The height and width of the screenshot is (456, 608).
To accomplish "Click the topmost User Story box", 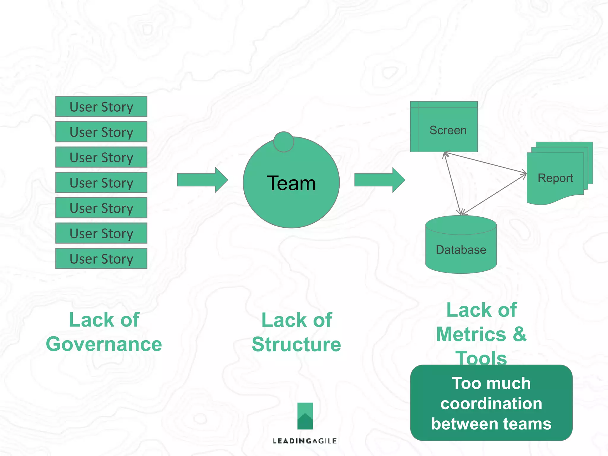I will (101, 107).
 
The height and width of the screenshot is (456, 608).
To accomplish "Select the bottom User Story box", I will (101, 259).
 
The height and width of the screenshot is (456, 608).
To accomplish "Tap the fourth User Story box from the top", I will (101, 183).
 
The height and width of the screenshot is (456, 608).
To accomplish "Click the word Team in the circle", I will (291, 183).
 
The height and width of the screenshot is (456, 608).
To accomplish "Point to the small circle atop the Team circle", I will (284, 142).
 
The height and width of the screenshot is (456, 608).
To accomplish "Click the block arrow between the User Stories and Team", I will (202, 180).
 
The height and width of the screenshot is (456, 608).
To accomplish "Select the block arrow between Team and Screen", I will (379, 180).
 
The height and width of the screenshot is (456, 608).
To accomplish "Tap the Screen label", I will (448, 130).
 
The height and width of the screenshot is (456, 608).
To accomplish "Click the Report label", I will (555, 178).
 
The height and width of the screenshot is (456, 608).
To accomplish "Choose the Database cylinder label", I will (461, 250).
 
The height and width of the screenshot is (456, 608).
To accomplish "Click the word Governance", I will (104, 344).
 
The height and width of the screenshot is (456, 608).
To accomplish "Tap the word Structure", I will (296, 344).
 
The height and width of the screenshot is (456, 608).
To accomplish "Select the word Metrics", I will (471, 334).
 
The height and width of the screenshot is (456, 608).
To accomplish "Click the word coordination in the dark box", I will (491, 403).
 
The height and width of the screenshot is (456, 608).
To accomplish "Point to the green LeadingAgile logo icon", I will (305, 416).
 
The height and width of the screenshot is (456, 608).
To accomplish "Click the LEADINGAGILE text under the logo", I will (305, 441).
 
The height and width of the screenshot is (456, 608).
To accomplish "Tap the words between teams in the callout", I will (491, 424).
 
